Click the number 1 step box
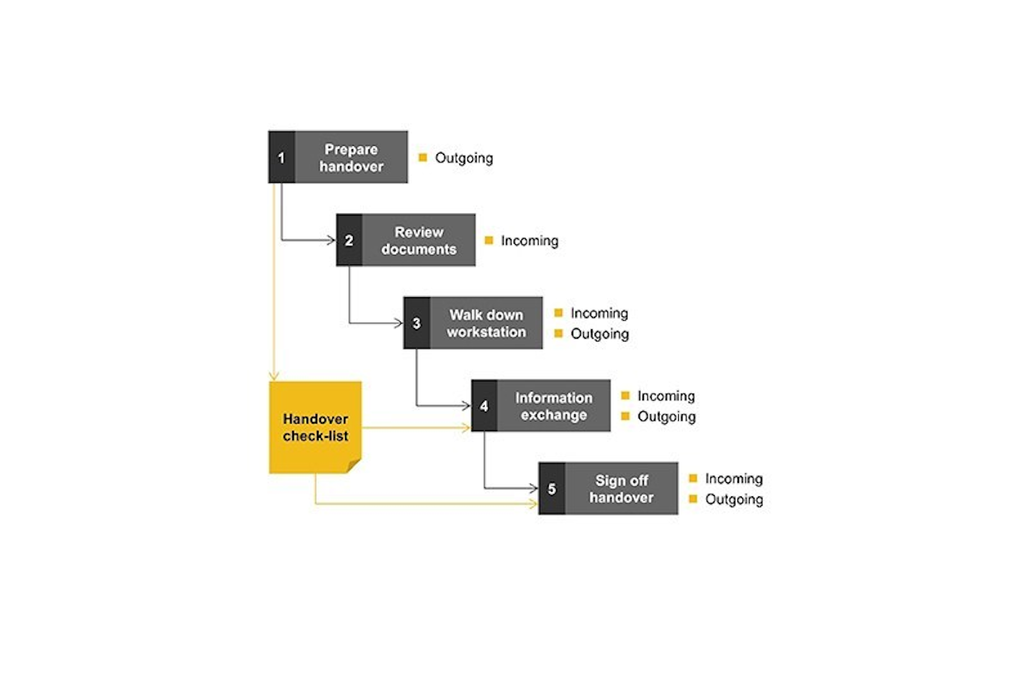(x=281, y=157)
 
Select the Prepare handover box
(x=351, y=157)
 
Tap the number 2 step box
(x=349, y=240)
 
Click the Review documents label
(x=419, y=241)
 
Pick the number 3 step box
(x=417, y=323)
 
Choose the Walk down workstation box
(x=486, y=323)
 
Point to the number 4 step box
(x=484, y=406)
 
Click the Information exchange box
(x=554, y=406)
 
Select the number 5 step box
(x=552, y=489)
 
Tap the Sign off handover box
(x=621, y=489)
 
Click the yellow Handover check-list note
(x=315, y=427)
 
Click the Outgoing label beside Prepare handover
(x=464, y=158)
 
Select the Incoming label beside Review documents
(x=530, y=241)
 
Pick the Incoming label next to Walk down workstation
(x=599, y=313)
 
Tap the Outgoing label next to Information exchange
(x=666, y=416)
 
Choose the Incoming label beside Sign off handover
(x=734, y=479)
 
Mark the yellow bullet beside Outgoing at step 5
(x=692, y=499)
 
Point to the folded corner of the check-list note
(x=354, y=466)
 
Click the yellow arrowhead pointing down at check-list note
(x=274, y=375)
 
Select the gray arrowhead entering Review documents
(x=331, y=240)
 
